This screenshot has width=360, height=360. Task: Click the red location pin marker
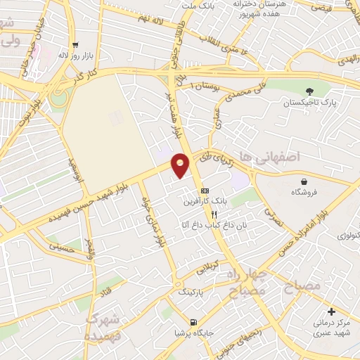pyautogui.click(x=181, y=165)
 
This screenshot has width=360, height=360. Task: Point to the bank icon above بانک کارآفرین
pyautogui.click(x=205, y=191)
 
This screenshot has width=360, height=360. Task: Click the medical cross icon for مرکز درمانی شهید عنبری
pyautogui.click(x=332, y=311)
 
